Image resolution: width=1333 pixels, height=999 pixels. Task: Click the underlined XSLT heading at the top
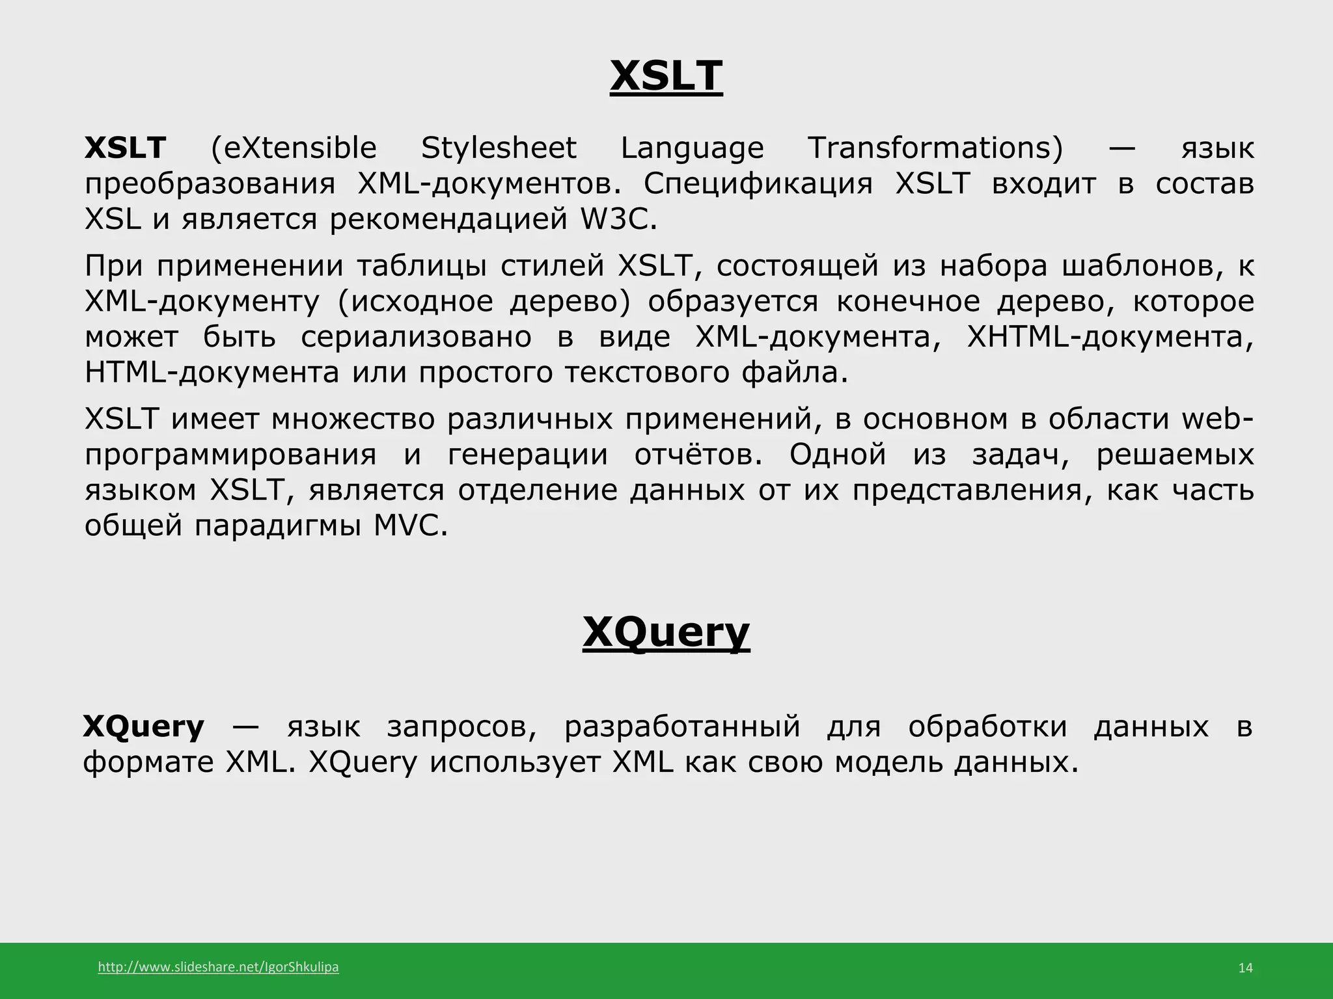(x=666, y=76)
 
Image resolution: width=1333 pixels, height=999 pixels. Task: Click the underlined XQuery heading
(x=666, y=632)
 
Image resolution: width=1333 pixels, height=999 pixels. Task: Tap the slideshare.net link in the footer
(x=218, y=967)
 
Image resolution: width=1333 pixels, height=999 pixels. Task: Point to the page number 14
(x=1245, y=968)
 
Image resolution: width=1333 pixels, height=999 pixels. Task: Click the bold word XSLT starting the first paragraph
(x=126, y=148)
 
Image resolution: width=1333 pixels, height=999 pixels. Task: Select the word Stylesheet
(x=499, y=148)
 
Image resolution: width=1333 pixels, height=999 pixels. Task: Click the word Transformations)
(x=935, y=148)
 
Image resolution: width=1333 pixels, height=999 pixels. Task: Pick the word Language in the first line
(x=692, y=148)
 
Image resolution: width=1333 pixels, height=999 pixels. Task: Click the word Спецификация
(x=758, y=184)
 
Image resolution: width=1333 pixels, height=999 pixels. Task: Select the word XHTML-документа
(x=1110, y=337)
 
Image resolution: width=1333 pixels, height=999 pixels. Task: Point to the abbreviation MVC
(x=411, y=526)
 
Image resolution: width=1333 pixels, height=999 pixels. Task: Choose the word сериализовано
(x=416, y=337)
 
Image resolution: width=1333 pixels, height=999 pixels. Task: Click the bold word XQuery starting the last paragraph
(x=144, y=726)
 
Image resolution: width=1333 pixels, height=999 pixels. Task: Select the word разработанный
(x=682, y=726)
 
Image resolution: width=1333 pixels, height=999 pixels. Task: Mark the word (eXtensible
(x=294, y=148)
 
